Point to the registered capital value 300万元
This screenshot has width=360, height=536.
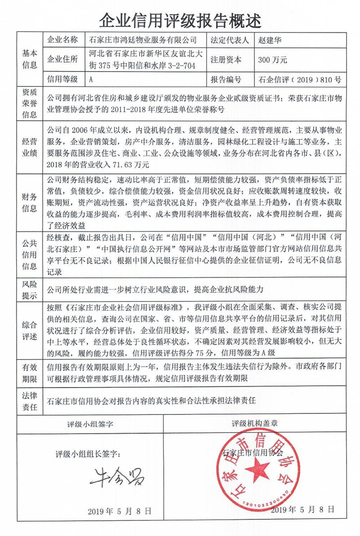click(273, 60)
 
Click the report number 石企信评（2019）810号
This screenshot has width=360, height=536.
click(300, 80)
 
